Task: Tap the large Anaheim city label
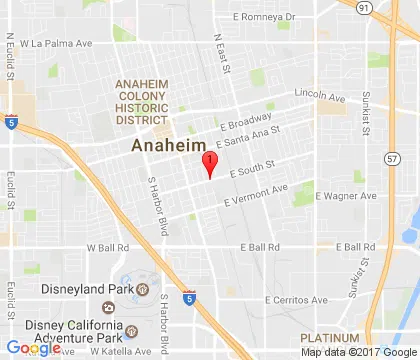[170, 146]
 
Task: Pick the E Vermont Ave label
[256, 194]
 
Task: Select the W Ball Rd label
[109, 247]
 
